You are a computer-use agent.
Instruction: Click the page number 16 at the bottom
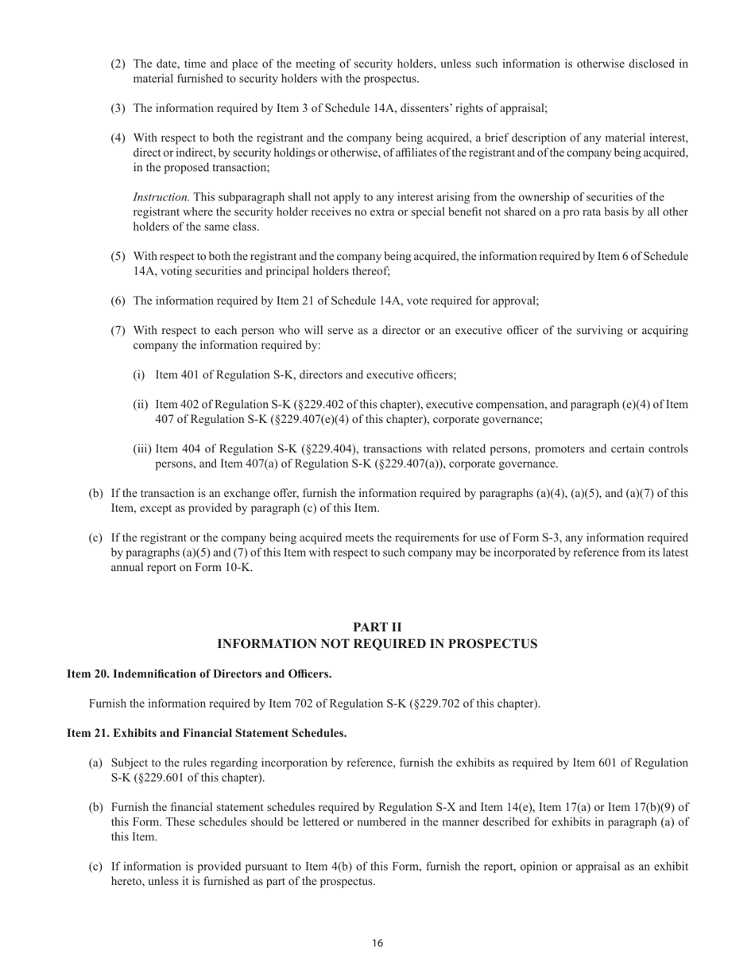click(377, 944)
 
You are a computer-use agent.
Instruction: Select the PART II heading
click(377, 627)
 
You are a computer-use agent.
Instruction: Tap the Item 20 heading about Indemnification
click(199, 674)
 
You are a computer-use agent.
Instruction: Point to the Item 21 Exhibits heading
click(206, 733)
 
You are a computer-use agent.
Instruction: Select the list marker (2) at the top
click(118, 64)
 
